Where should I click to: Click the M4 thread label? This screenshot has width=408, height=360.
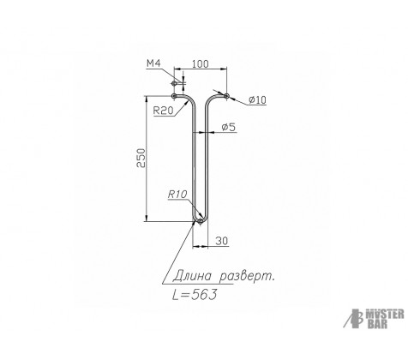pos(153,63)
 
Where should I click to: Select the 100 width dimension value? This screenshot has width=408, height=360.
pos(200,63)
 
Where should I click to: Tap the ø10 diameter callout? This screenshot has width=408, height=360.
pos(257,99)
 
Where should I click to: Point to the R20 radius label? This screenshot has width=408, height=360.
pos(163,111)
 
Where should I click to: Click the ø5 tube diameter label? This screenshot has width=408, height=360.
pos(229,127)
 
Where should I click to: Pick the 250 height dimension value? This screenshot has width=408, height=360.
pos(141,158)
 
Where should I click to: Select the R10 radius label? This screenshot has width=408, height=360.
pos(177,195)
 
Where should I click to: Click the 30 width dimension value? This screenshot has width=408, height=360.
pos(222,241)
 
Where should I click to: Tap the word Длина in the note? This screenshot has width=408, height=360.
pos(192,276)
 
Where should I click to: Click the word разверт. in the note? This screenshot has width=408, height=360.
pos(247,276)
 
